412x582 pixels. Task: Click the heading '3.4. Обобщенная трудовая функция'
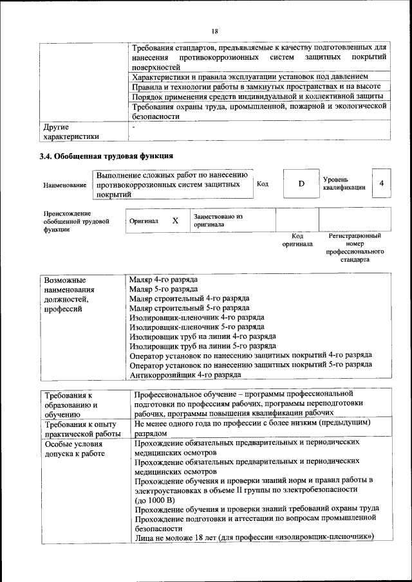click(x=106, y=156)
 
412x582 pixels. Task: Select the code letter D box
click(x=301, y=184)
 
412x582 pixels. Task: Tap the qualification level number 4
click(x=382, y=184)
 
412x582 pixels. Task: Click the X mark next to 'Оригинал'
click(x=175, y=221)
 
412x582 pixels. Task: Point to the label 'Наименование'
click(x=65, y=185)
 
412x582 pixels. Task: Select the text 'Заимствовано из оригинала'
click(x=218, y=221)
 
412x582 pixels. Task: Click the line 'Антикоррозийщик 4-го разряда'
click(x=185, y=374)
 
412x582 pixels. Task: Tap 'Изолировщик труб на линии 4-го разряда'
click(x=203, y=336)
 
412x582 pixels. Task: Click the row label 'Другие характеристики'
click(x=70, y=132)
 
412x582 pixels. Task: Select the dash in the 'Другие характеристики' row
click(x=133, y=127)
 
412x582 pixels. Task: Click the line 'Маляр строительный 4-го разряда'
click(x=189, y=298)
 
